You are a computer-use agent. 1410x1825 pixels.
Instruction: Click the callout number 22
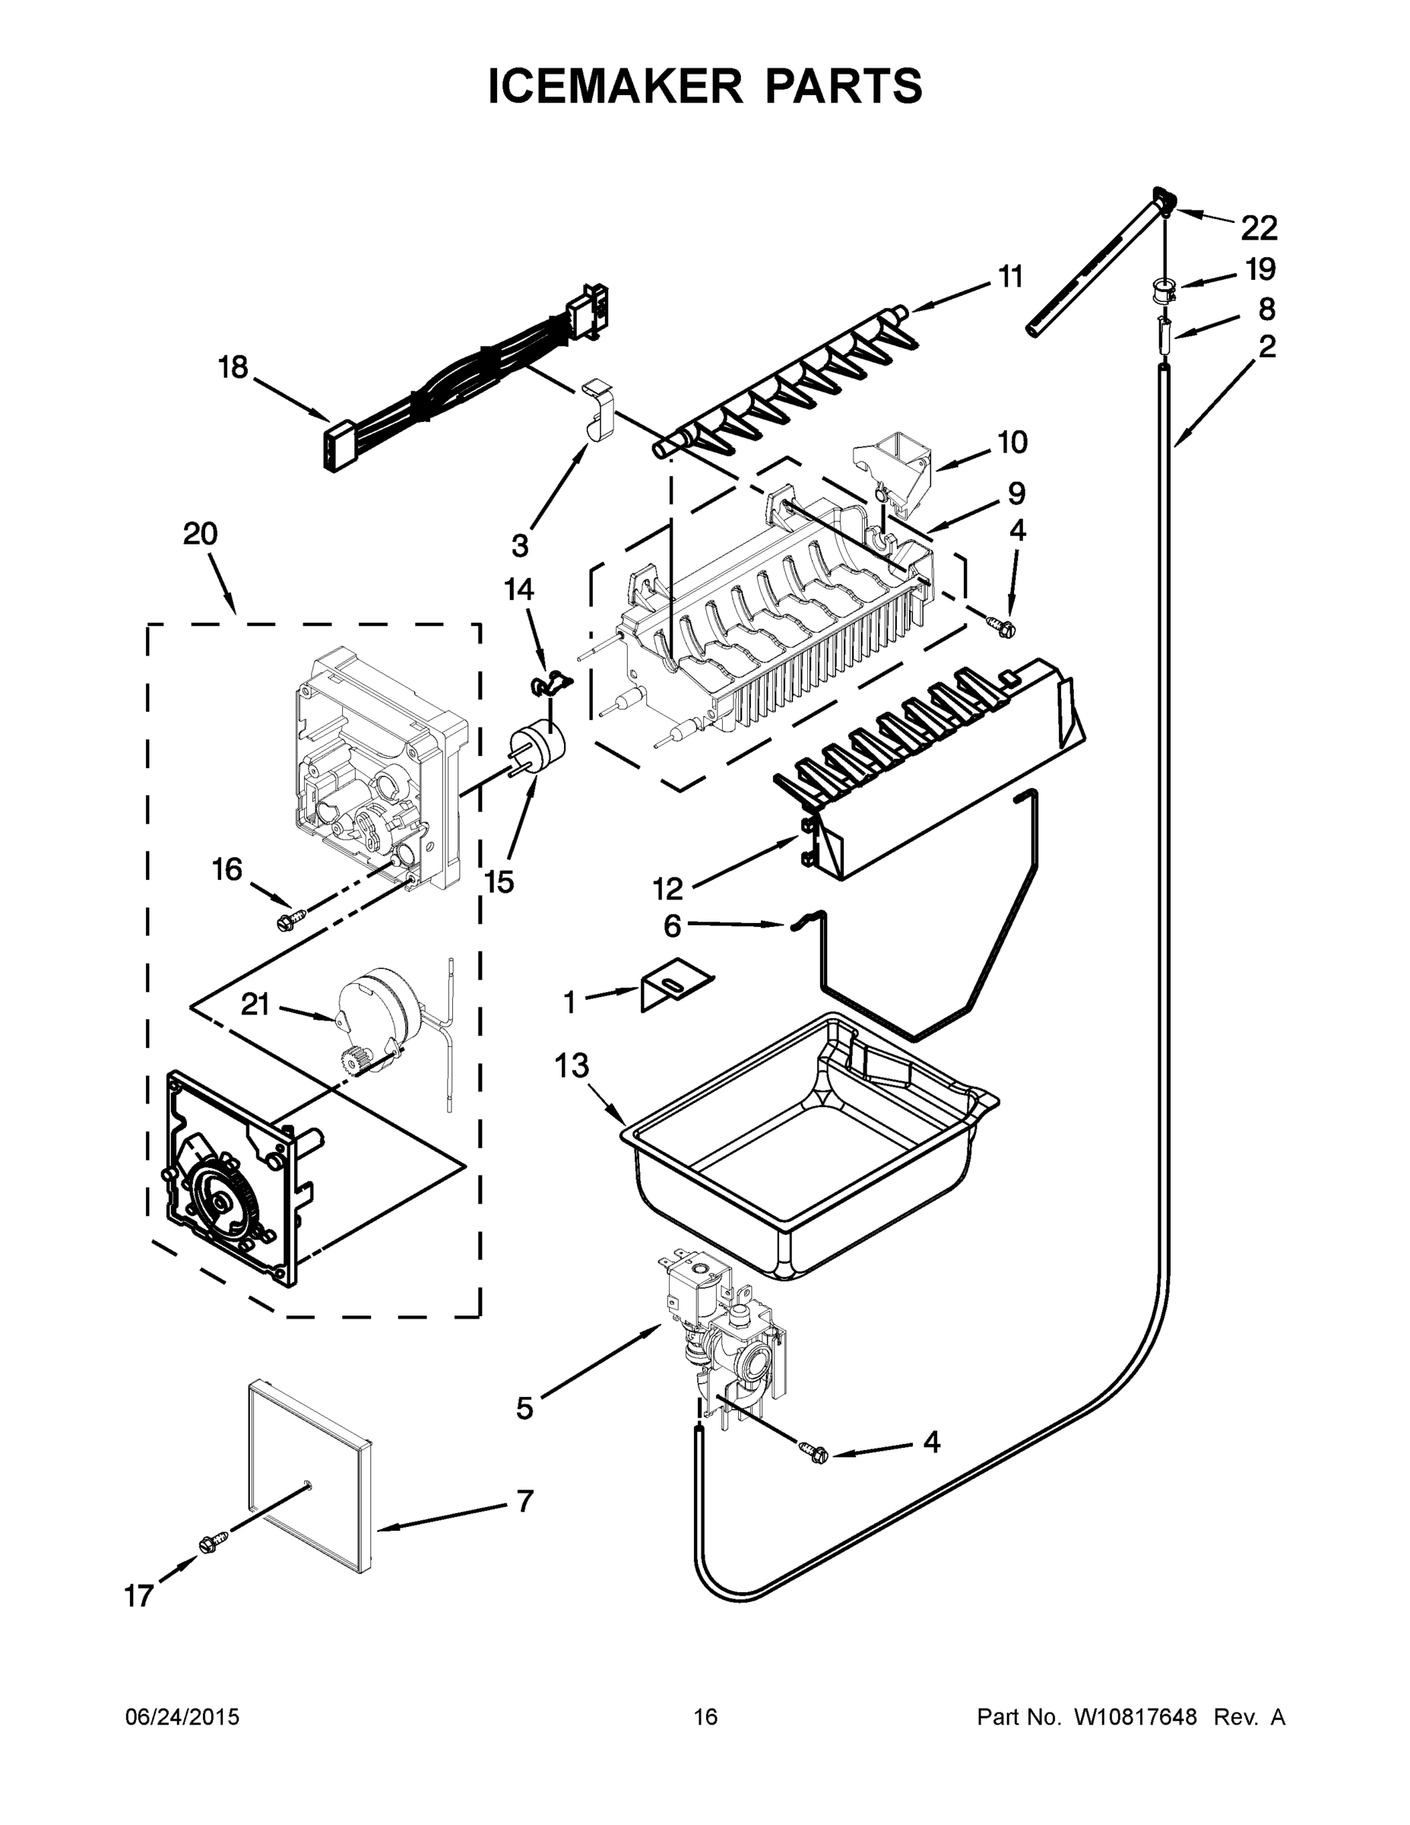click(1259, 227)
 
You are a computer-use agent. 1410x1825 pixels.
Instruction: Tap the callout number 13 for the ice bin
click(572, 1065)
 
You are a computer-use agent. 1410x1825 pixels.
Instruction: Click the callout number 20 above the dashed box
click(201, 533)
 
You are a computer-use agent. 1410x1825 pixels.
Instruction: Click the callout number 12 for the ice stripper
click(667, 888)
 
